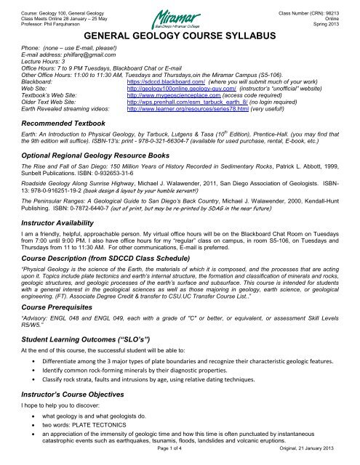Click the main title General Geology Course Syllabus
[x=179, y=35]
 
